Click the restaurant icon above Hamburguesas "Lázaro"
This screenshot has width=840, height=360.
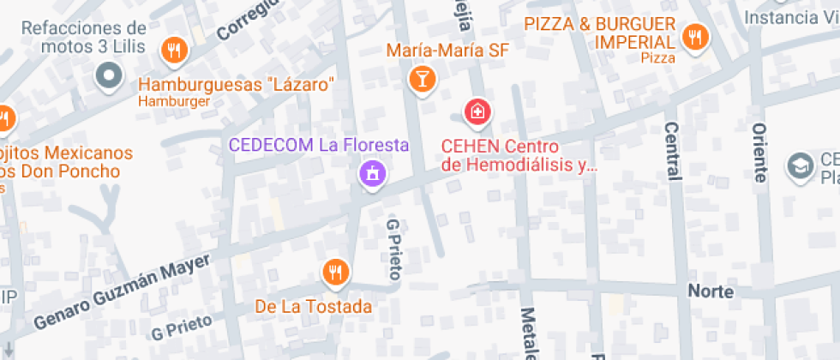pos(175,50)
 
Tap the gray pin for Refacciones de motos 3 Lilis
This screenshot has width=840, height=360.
pos(109,76)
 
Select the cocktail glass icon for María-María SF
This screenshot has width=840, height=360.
pos(423,80)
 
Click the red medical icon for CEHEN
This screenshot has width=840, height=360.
pos(477,111)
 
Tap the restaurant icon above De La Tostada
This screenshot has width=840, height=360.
pos(335,273)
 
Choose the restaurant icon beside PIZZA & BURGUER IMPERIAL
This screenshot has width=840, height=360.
pos(693,37)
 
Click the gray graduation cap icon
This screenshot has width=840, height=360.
pos(801,165)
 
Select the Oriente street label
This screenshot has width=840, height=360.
pos(759,153)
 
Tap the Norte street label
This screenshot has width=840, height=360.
pos(711,291)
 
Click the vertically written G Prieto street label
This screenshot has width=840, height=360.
pos(393,249)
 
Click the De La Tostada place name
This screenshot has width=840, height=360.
pos(314,306)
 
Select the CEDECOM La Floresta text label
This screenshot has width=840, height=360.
pos(318,146)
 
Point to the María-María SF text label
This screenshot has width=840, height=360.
pos(447,51)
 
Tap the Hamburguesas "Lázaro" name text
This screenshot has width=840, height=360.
pos(235,85)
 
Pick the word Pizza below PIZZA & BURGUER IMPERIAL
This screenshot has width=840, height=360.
pos(658,57)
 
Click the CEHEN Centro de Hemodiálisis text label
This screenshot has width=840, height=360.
pos(518,155)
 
